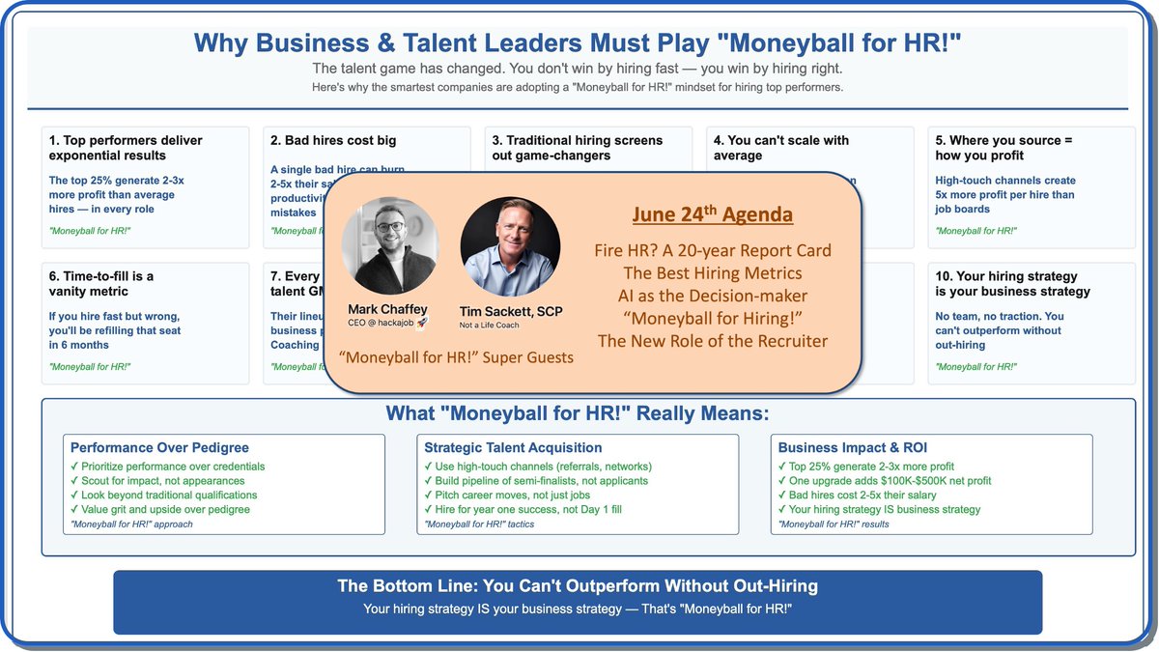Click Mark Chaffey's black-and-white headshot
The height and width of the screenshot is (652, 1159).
[390, 245]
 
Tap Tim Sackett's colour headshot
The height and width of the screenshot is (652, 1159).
[510, 246]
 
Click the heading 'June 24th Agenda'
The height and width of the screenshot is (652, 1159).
[713, 214]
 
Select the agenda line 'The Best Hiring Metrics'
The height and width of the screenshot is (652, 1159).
[713, 273]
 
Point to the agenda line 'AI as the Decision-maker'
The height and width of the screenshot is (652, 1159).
[713, 296]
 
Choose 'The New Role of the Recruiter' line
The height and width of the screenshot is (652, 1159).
[713, 341]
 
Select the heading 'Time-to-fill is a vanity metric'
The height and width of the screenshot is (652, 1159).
[100, 283]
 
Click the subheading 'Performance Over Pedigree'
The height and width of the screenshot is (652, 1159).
[159, 447]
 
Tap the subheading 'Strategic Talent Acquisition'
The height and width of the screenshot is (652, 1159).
[513, 447]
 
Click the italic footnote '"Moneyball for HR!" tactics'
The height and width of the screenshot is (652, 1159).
[479, 524]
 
